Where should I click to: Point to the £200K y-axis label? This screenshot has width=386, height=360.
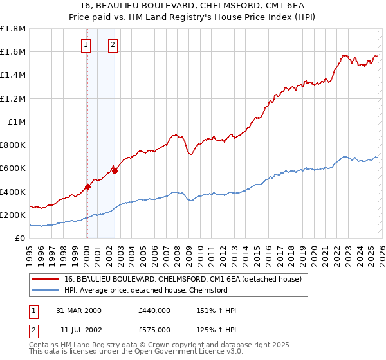pos(13,215)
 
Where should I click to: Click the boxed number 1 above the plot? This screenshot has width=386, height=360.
pos(86,44)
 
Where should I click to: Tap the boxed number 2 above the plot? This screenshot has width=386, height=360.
pos(113,44)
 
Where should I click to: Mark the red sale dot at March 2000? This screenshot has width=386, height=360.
pos(87,187)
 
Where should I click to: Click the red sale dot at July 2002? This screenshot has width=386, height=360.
pos(114,171)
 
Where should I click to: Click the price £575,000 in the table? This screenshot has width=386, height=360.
pos(154,330)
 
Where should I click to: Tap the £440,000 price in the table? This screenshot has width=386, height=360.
pos(154,310)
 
